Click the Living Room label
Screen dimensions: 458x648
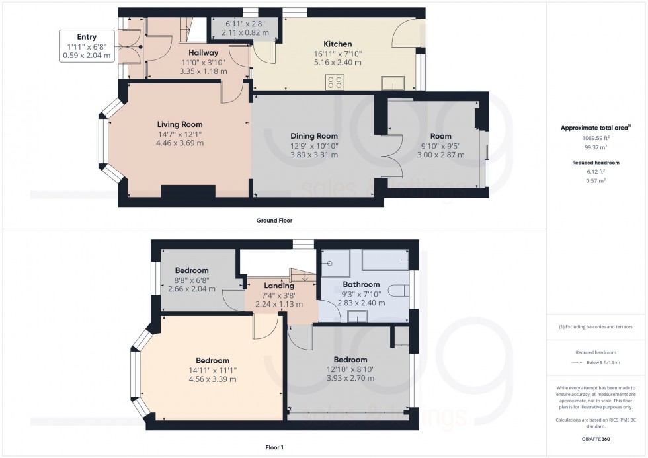pyautogui.click(x=179, y=124)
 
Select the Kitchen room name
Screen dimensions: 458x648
pyautogui.click(x=337, y=44)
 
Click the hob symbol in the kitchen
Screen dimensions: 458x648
pyautogui.click(x=335, y=82)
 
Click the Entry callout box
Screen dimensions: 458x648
pyautogui.click(x=86, y=46)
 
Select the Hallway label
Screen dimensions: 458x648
pyautogui.click(x=204, y=52)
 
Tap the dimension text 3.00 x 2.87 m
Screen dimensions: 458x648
pyautogui.click(x=440, y=155)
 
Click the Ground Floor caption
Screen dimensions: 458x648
pyautogui.click(x=274, y=221)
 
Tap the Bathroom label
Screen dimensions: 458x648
pyautogui.click(x=361, y=284)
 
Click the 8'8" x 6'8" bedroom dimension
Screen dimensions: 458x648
pyautogui.click(x=192, y=280)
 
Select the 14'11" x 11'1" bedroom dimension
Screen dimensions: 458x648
pyautogui.click(x=204, y=370)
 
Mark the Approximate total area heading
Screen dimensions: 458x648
pyautogui.click(x=596, y=128)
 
